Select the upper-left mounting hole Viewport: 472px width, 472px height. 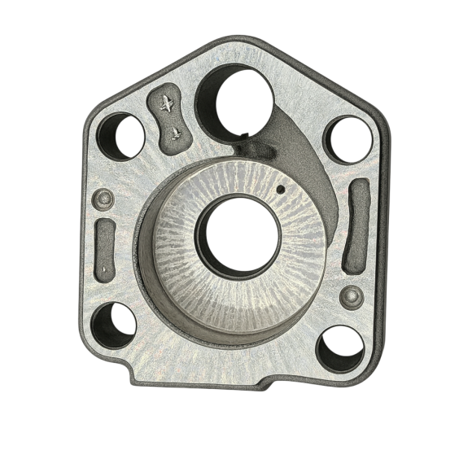pos(121,136)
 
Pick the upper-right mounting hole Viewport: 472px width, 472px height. pos(348,138)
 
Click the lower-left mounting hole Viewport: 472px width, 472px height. pos(113,325)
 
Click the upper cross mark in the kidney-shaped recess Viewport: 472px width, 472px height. pos(166,103)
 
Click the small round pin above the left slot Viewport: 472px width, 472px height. pos(103,198)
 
